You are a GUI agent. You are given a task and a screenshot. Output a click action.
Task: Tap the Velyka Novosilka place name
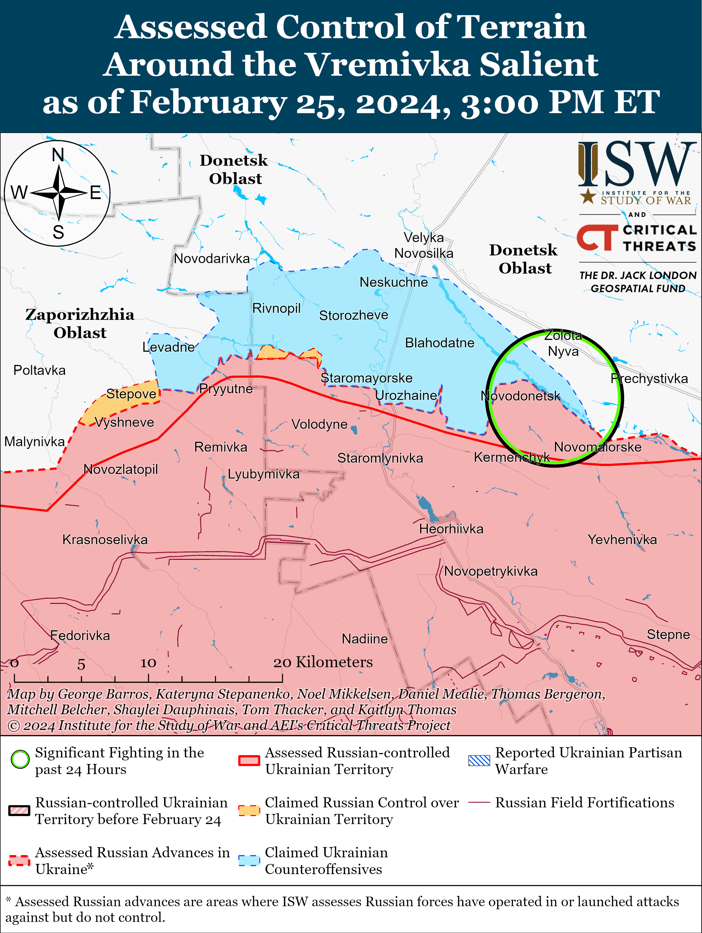[x=424, y=245]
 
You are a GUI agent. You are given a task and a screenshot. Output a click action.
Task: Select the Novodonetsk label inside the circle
[x=520, y=396]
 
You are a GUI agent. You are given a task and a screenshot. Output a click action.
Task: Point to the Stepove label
[x=131, y=394]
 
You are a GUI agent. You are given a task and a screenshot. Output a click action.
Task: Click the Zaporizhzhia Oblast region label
[x=80, y=323]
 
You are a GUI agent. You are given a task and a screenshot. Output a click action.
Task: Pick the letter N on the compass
[x=58, y=155]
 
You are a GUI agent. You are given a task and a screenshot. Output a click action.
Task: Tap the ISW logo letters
[x=637, y=165]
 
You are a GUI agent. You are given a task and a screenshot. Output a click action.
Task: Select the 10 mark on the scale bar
[x=148, y=663]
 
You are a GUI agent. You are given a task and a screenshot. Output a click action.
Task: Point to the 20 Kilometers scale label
[x=323, y=662]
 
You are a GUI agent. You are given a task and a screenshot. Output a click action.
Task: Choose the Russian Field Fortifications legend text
[x=584, y=802]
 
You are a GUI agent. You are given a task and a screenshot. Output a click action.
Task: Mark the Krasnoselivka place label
[x=105, y=539]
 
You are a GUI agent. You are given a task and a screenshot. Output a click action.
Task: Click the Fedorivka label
[x=80, y=635]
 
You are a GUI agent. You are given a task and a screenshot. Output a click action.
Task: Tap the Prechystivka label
[x=649, y=378]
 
